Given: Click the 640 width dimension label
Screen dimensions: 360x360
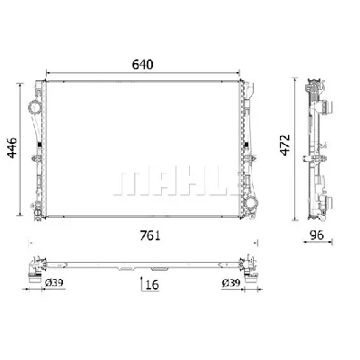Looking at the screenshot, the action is pyautogui.click(x=143, y=65).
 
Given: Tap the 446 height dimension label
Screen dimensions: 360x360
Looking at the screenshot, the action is pyautogui.click(x=13, y=148).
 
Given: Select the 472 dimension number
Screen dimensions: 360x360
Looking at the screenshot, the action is pyautogui.click(x=285, y=145).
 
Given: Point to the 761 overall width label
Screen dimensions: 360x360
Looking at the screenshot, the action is pyautogui.click(x=150, y=236).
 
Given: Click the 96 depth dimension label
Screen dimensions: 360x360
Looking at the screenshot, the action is pyautogui.click(x=317, y=235).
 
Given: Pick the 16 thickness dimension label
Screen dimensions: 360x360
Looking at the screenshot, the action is pyautogui.click(x=152, y=284).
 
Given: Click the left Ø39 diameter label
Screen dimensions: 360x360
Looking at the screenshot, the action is pyautogui.click(x=54, y=283).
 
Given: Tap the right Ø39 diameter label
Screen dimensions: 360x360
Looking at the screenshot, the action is pyautogui.click(x=231, y=283).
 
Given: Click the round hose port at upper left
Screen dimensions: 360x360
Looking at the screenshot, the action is pyautogui.click(x=34, y=107).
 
